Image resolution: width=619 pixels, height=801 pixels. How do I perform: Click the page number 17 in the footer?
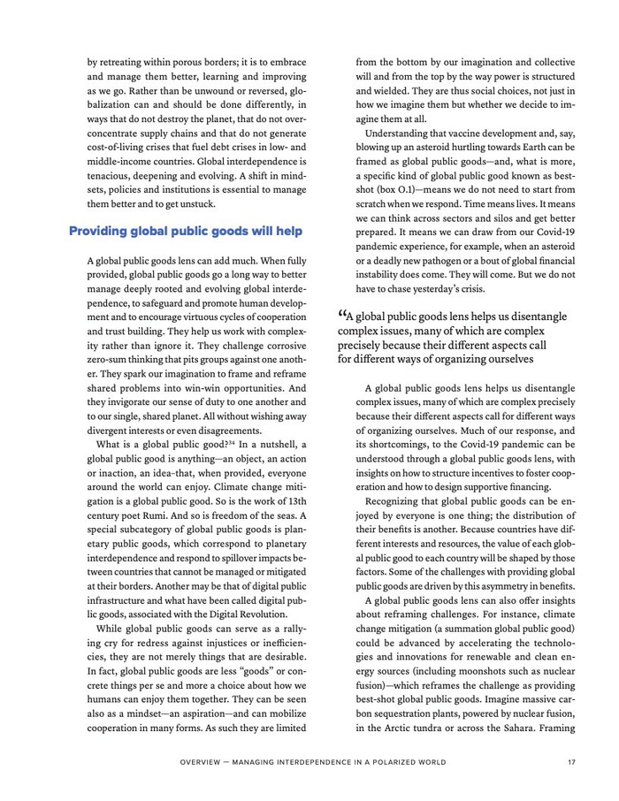point(572,761)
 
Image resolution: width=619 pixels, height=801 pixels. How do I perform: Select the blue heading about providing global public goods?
point(186,232)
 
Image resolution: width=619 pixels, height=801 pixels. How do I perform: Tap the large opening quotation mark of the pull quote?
point(342,316)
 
